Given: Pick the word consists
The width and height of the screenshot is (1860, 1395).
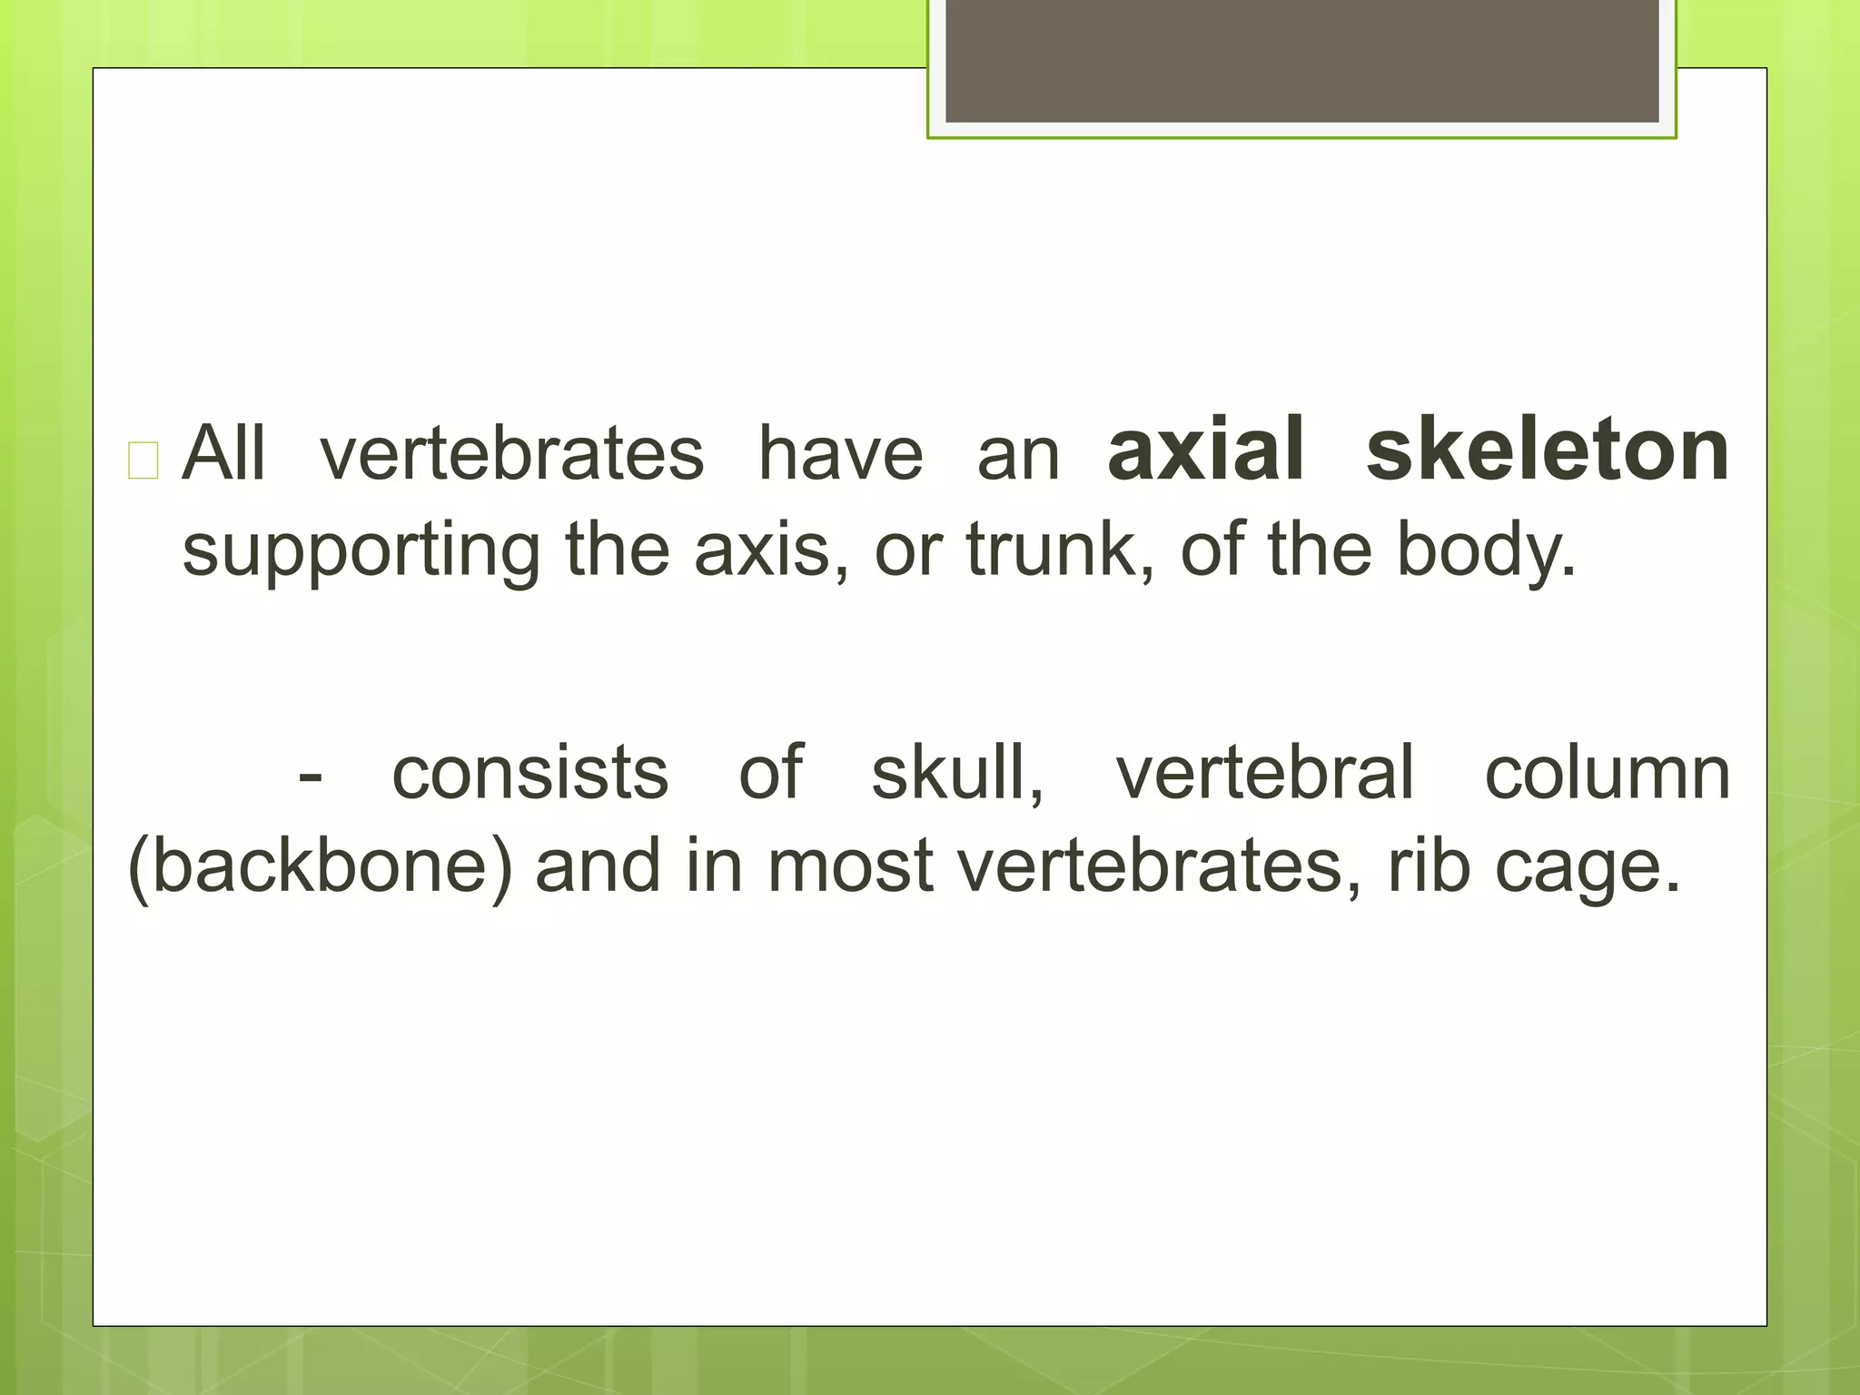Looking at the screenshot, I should pyautogui.click(x=529, y=772).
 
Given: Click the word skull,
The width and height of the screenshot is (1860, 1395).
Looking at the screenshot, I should pyautogui.click(x=957, y=772).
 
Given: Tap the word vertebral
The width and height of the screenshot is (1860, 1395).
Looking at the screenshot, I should pyautogui.click(x=1265, y=772).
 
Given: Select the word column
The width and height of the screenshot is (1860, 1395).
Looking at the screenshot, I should pyautogui.click(x=1607, y=772).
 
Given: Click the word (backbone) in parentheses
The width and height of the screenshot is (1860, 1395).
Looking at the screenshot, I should pyautogui.click(x=320, y=867).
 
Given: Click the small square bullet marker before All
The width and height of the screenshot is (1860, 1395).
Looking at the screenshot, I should pyautogui.click(x=143, y=460).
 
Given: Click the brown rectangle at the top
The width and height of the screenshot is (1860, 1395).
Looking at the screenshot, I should pyautogui.click(x=1301, y=60).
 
